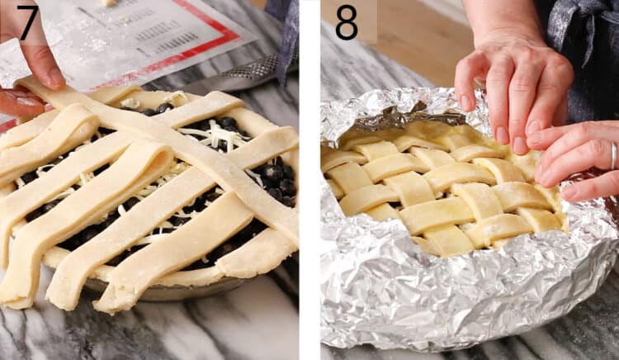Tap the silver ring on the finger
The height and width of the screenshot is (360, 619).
pyautogui.click(x=613, y=155)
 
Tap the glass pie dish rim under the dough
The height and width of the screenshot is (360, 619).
pyautogui.click(x=165, y=291)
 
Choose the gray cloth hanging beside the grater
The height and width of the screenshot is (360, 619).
pyautogui.click(x=286, y=41)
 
